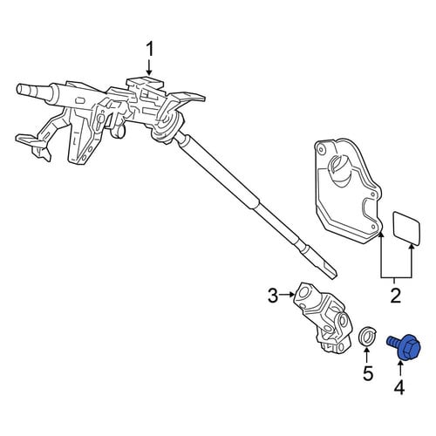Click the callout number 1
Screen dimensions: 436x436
pos(150,50)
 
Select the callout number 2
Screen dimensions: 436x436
pos(396,295)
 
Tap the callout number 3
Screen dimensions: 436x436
pos(273,295)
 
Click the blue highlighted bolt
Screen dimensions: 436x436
pos(405,346)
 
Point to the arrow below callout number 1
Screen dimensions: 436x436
pos(149,68)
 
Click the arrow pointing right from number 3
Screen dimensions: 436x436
pos(287,295)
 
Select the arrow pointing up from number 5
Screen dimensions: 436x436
pos(367,355)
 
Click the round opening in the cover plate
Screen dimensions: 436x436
pos(339,169)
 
